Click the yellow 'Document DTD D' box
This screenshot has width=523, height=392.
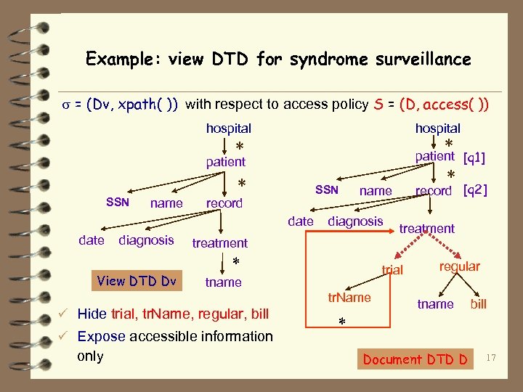[415, 359]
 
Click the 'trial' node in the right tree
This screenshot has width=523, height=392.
[392, 270]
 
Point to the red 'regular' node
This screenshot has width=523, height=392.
[459, 266]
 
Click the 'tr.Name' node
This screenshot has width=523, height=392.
[349, 298]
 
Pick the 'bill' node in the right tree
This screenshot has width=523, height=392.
[478, 304]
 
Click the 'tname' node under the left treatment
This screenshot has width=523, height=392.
[223, 282]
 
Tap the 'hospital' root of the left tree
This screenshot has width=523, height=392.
[228, 128]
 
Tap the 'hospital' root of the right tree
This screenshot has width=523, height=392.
[437, 128]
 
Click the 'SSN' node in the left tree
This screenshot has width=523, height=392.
[118, 202]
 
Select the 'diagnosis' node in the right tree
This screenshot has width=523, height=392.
[355, 221]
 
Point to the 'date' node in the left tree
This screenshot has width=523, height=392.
[91, 240]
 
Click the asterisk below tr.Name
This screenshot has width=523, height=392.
[342, 322]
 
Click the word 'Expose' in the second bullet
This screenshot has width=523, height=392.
[102, 336]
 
